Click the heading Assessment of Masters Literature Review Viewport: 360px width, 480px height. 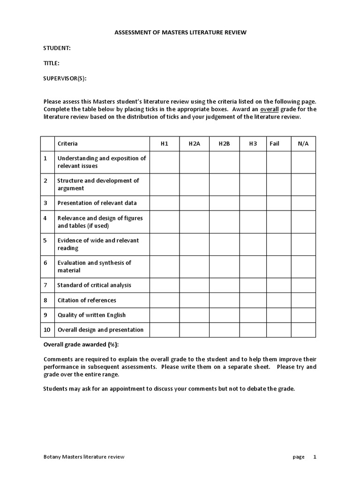(180, 32)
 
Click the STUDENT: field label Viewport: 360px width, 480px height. (57, 48)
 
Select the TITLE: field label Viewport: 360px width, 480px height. (52, 63)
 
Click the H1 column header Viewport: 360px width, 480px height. (164, 143)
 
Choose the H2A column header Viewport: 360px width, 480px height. (194, 143)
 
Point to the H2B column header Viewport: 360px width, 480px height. (224, 143)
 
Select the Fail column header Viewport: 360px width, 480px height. (275, 143)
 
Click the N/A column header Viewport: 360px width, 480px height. (303, 143)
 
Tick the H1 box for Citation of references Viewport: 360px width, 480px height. (164, 300)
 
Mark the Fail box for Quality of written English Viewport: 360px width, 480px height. (279, 315)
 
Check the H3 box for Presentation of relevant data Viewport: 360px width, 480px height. (253, 203)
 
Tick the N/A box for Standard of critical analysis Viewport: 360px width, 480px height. (303, 285)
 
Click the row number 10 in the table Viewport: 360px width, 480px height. (47, 330)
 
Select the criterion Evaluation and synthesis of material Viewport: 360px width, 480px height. (94, 266)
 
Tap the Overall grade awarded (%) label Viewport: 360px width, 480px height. (81, 345)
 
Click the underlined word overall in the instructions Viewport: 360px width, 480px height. (270, 109)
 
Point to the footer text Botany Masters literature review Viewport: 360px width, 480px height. (84, 457)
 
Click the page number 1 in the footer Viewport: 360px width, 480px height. (315, 457)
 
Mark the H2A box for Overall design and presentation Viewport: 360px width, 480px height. (194, 330)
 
